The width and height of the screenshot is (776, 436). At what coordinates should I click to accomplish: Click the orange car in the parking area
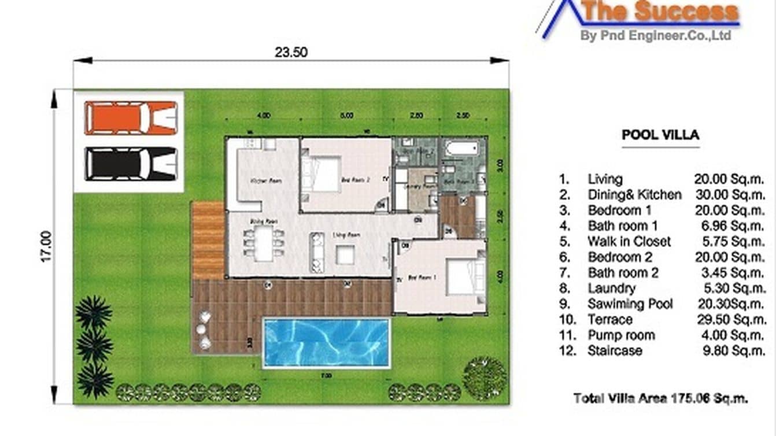(x=131, y=118)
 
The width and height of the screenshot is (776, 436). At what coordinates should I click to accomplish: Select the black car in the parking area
(x=131, y=164)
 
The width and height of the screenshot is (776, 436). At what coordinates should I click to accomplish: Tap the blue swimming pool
(x=326, y=342)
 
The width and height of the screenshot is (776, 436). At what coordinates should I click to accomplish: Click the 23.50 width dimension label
(x=291, y=52)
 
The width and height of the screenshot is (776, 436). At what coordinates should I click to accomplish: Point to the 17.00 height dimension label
(x=46, y=247)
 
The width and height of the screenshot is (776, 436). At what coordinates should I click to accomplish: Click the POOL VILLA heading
(x=660, y=135)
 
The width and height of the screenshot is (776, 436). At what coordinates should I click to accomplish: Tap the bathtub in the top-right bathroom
(x=462, y=149)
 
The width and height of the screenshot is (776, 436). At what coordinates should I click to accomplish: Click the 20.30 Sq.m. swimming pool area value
(x=730, y=304)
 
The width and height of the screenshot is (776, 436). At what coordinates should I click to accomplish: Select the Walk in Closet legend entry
(x=629, y=242)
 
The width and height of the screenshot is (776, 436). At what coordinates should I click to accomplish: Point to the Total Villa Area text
(x=660, y=398)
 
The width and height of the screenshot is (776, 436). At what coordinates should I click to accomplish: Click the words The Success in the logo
(x=660, y=12)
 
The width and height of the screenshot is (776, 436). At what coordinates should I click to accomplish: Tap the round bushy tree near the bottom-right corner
(x=485, y=378)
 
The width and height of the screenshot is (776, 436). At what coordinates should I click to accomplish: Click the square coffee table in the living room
(x=345, y=254)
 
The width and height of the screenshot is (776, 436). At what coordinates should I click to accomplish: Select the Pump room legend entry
(x=621, y=335)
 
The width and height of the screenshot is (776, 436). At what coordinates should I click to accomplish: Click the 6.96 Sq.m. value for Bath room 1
(x=729, y=226)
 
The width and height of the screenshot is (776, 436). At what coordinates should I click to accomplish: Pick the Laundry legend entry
(x=611, y=289)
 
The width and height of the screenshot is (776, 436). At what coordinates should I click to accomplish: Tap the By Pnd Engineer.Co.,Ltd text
(x=656, y=35)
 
